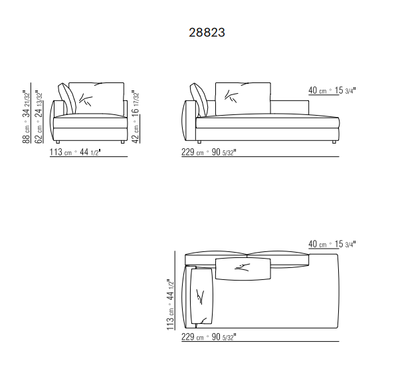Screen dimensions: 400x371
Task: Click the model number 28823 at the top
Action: click(x=207, y=33)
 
